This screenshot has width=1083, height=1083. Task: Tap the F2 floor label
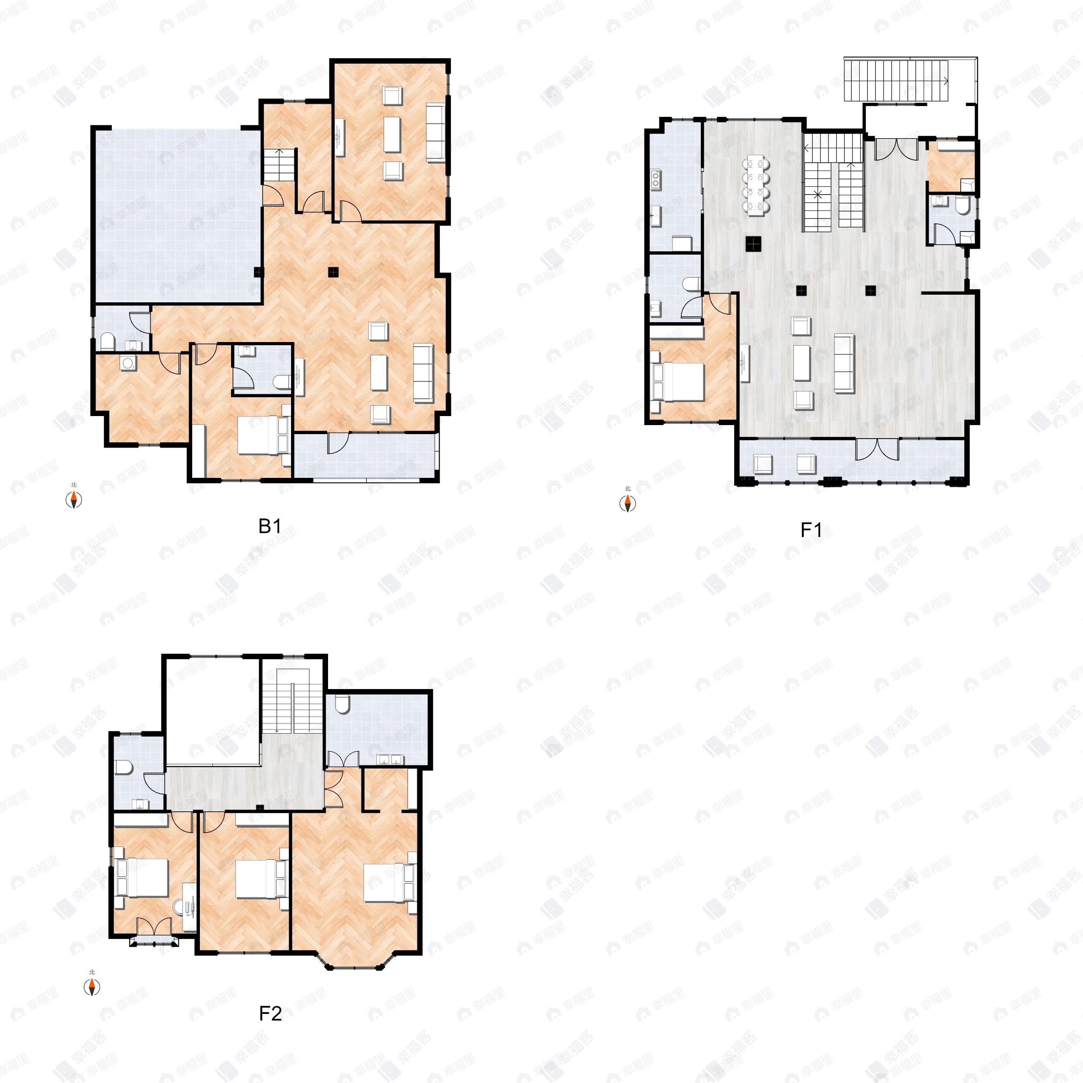coord(270,1014)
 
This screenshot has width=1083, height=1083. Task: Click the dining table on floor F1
coord(756,185)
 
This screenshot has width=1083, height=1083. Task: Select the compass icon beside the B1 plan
coord(74,499)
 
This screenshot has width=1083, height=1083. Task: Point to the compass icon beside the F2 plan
coord(92,987)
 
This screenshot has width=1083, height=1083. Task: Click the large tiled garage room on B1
coord(176,216)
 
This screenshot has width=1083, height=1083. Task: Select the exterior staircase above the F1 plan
coord(896,80)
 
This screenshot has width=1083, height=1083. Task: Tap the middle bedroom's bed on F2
coord(255,879)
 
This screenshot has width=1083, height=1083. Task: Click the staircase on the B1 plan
coord(278,165)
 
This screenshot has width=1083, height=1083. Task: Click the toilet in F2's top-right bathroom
coord(342,704)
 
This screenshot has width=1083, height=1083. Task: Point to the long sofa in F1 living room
coord(844,363)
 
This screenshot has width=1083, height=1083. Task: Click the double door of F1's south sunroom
coord(877,449)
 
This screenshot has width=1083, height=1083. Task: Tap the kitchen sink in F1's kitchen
coord(655,178)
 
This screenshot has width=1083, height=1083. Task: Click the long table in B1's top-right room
coord(392,134)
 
